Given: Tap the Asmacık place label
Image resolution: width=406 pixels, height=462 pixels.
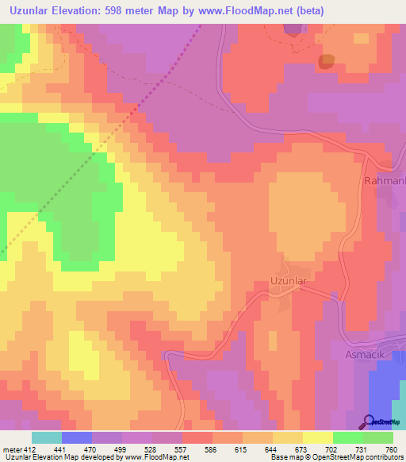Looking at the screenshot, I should tap(363, 354).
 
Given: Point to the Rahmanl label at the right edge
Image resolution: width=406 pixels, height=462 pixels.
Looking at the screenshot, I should tap(384, 181).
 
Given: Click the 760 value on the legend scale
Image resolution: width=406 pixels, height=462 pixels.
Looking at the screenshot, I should tap(391, 450).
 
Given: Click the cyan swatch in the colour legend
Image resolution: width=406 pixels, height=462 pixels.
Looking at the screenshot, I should tap(47, 437).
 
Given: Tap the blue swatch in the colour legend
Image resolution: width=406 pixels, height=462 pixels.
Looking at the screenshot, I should tap(77, 437).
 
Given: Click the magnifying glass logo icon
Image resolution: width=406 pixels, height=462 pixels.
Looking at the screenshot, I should tap(370, 422).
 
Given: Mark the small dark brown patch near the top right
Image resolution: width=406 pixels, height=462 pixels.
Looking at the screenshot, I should tap(326, 61).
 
